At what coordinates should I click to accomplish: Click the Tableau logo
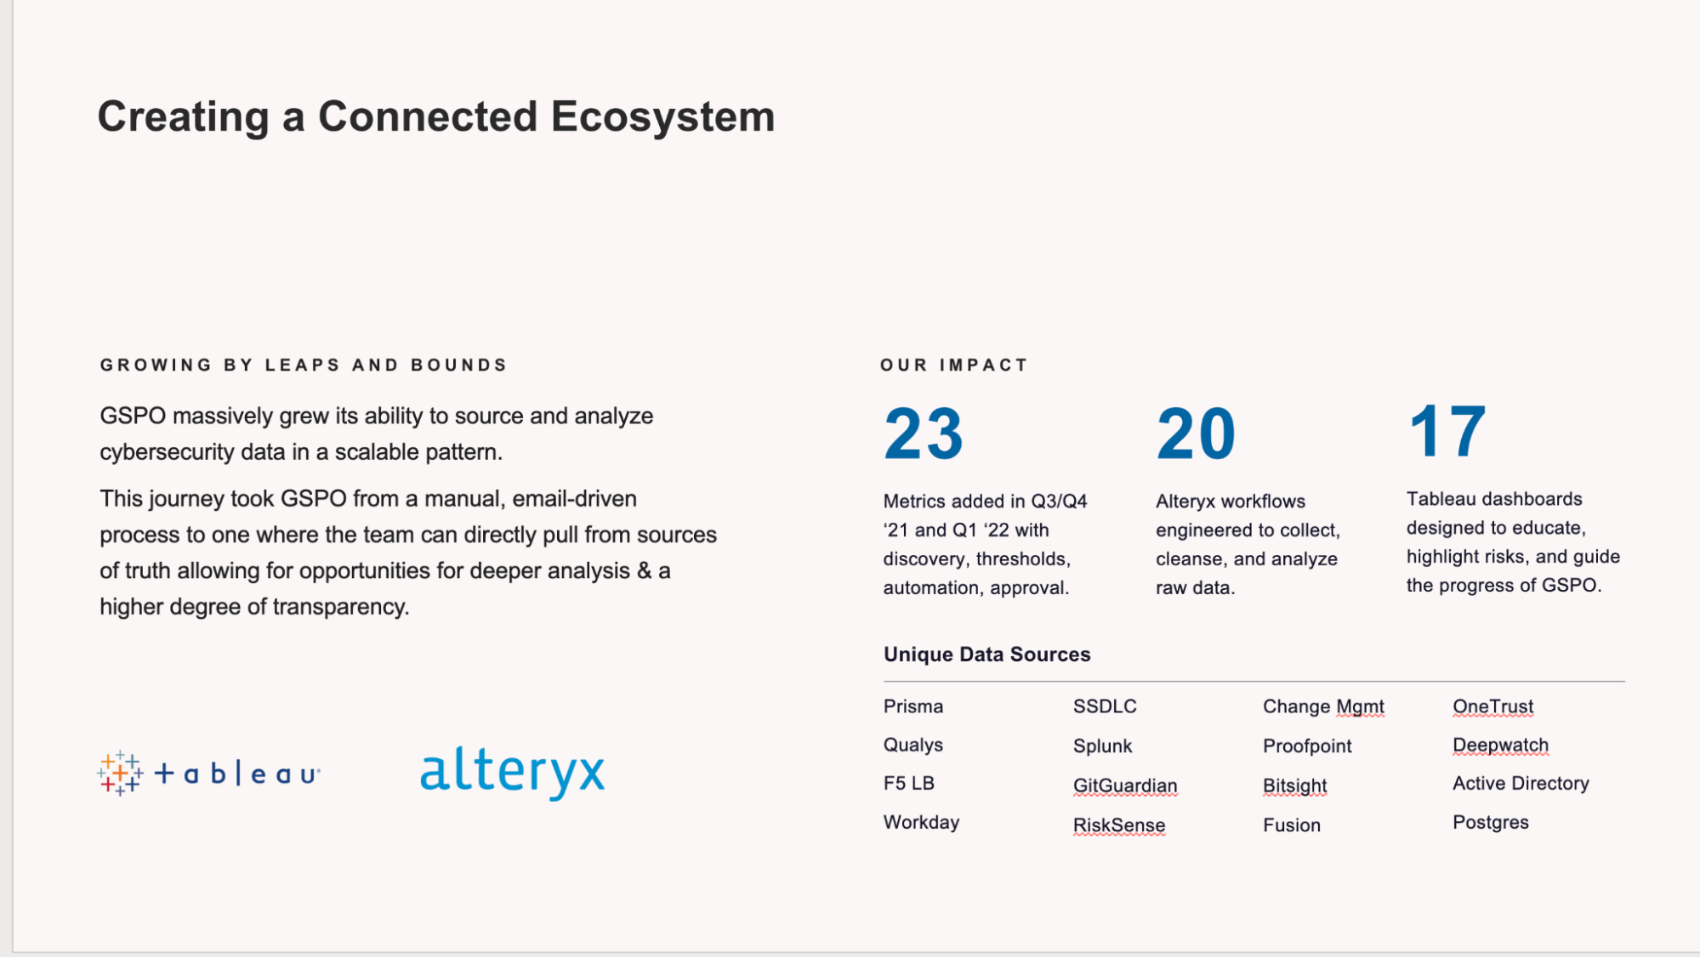(x=208, y=773)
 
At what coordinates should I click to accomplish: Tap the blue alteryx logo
(x=512, y=772)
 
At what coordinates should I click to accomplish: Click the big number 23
(x=923, y=434)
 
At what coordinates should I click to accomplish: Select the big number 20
(x=1195, y=434)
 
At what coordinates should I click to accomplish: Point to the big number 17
(x=1447, y=432)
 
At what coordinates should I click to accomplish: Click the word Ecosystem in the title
(x=662, y=116)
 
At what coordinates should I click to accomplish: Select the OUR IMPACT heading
(x=953, y=365)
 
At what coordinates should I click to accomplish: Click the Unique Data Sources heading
(x=986, y=654)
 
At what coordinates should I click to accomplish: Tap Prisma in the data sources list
(x=913, y=706)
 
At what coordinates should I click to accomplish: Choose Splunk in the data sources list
(x=1102, y=745)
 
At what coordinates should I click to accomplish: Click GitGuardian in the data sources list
(x=1124, y=785)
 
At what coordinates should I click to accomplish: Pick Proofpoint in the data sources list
(x=1306, y=745)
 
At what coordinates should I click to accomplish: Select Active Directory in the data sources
(x=1520, y=783)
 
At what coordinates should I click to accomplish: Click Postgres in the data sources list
(x=1490, y=822)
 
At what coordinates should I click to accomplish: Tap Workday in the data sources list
(x=921, y=822)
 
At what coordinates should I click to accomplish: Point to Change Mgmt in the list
(x=1322, y=706)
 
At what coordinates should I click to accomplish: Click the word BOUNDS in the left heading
(x=458, y=365)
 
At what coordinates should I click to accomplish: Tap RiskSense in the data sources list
(x=1118, y=825)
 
